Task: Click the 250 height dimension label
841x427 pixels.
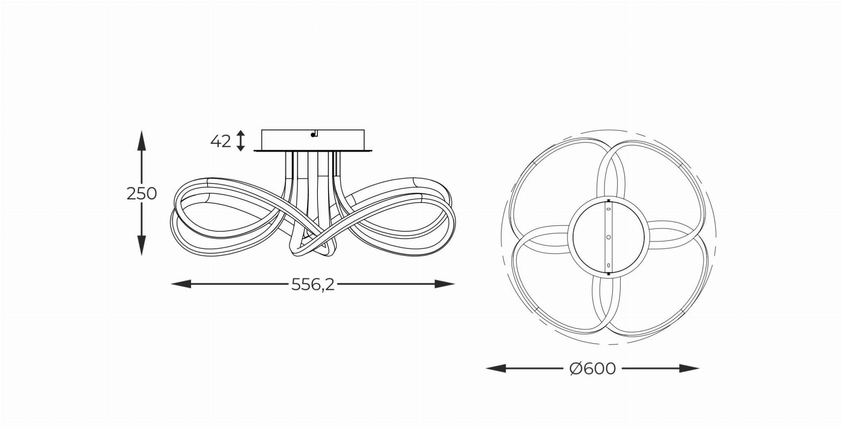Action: (142, 194)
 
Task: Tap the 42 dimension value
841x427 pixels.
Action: (221, 141)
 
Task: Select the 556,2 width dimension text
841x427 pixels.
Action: (313, 284)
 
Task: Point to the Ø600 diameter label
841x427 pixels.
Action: (593, 369)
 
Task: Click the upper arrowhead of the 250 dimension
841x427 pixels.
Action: (142, 142)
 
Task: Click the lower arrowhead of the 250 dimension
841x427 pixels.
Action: (142, 244)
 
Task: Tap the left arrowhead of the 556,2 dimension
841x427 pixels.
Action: (181, 284)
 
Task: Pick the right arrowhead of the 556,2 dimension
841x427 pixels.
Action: (444, 284)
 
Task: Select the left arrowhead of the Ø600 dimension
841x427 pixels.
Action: (496, 368)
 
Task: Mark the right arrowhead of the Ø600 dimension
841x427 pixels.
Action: (689, 368)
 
